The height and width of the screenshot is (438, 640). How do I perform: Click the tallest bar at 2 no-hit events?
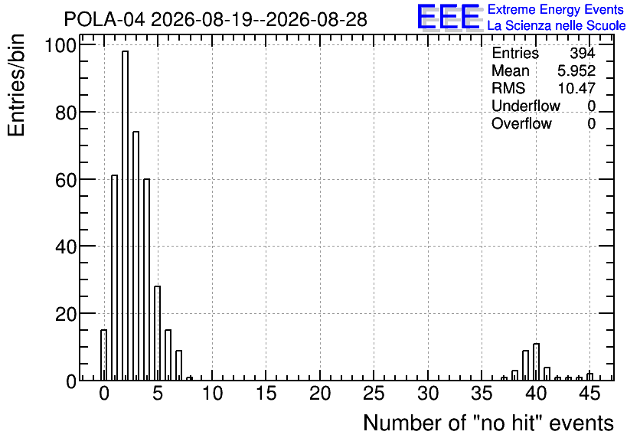(125, 215)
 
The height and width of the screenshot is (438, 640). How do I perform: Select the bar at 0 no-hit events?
(103, 355)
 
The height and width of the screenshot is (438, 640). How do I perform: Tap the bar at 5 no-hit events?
(157, 333)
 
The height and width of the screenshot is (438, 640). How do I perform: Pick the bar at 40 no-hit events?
(537, 362)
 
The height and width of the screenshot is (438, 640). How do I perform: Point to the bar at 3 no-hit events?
(136, 256)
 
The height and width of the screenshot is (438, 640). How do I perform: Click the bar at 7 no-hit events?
(179, 365)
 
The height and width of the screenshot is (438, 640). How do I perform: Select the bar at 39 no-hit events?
(525, 365)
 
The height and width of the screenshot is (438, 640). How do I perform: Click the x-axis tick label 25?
(374, 394)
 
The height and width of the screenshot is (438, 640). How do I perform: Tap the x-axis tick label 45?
(589, 394)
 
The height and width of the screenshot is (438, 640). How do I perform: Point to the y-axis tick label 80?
(66, 113)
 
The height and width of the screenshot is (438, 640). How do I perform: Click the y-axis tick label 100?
(60, 45)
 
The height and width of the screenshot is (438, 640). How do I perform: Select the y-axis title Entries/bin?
(16, 85)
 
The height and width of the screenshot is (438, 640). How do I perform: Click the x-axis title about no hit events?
(488, 423)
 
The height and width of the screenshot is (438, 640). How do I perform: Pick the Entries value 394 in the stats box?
(583, 53)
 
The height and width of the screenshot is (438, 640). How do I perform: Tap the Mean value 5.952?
(576, 70)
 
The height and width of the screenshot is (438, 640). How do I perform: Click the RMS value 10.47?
(576, 88)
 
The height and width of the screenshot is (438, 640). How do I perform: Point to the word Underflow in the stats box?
(526, 106)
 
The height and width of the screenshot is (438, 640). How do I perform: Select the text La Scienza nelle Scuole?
(557, 26)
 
